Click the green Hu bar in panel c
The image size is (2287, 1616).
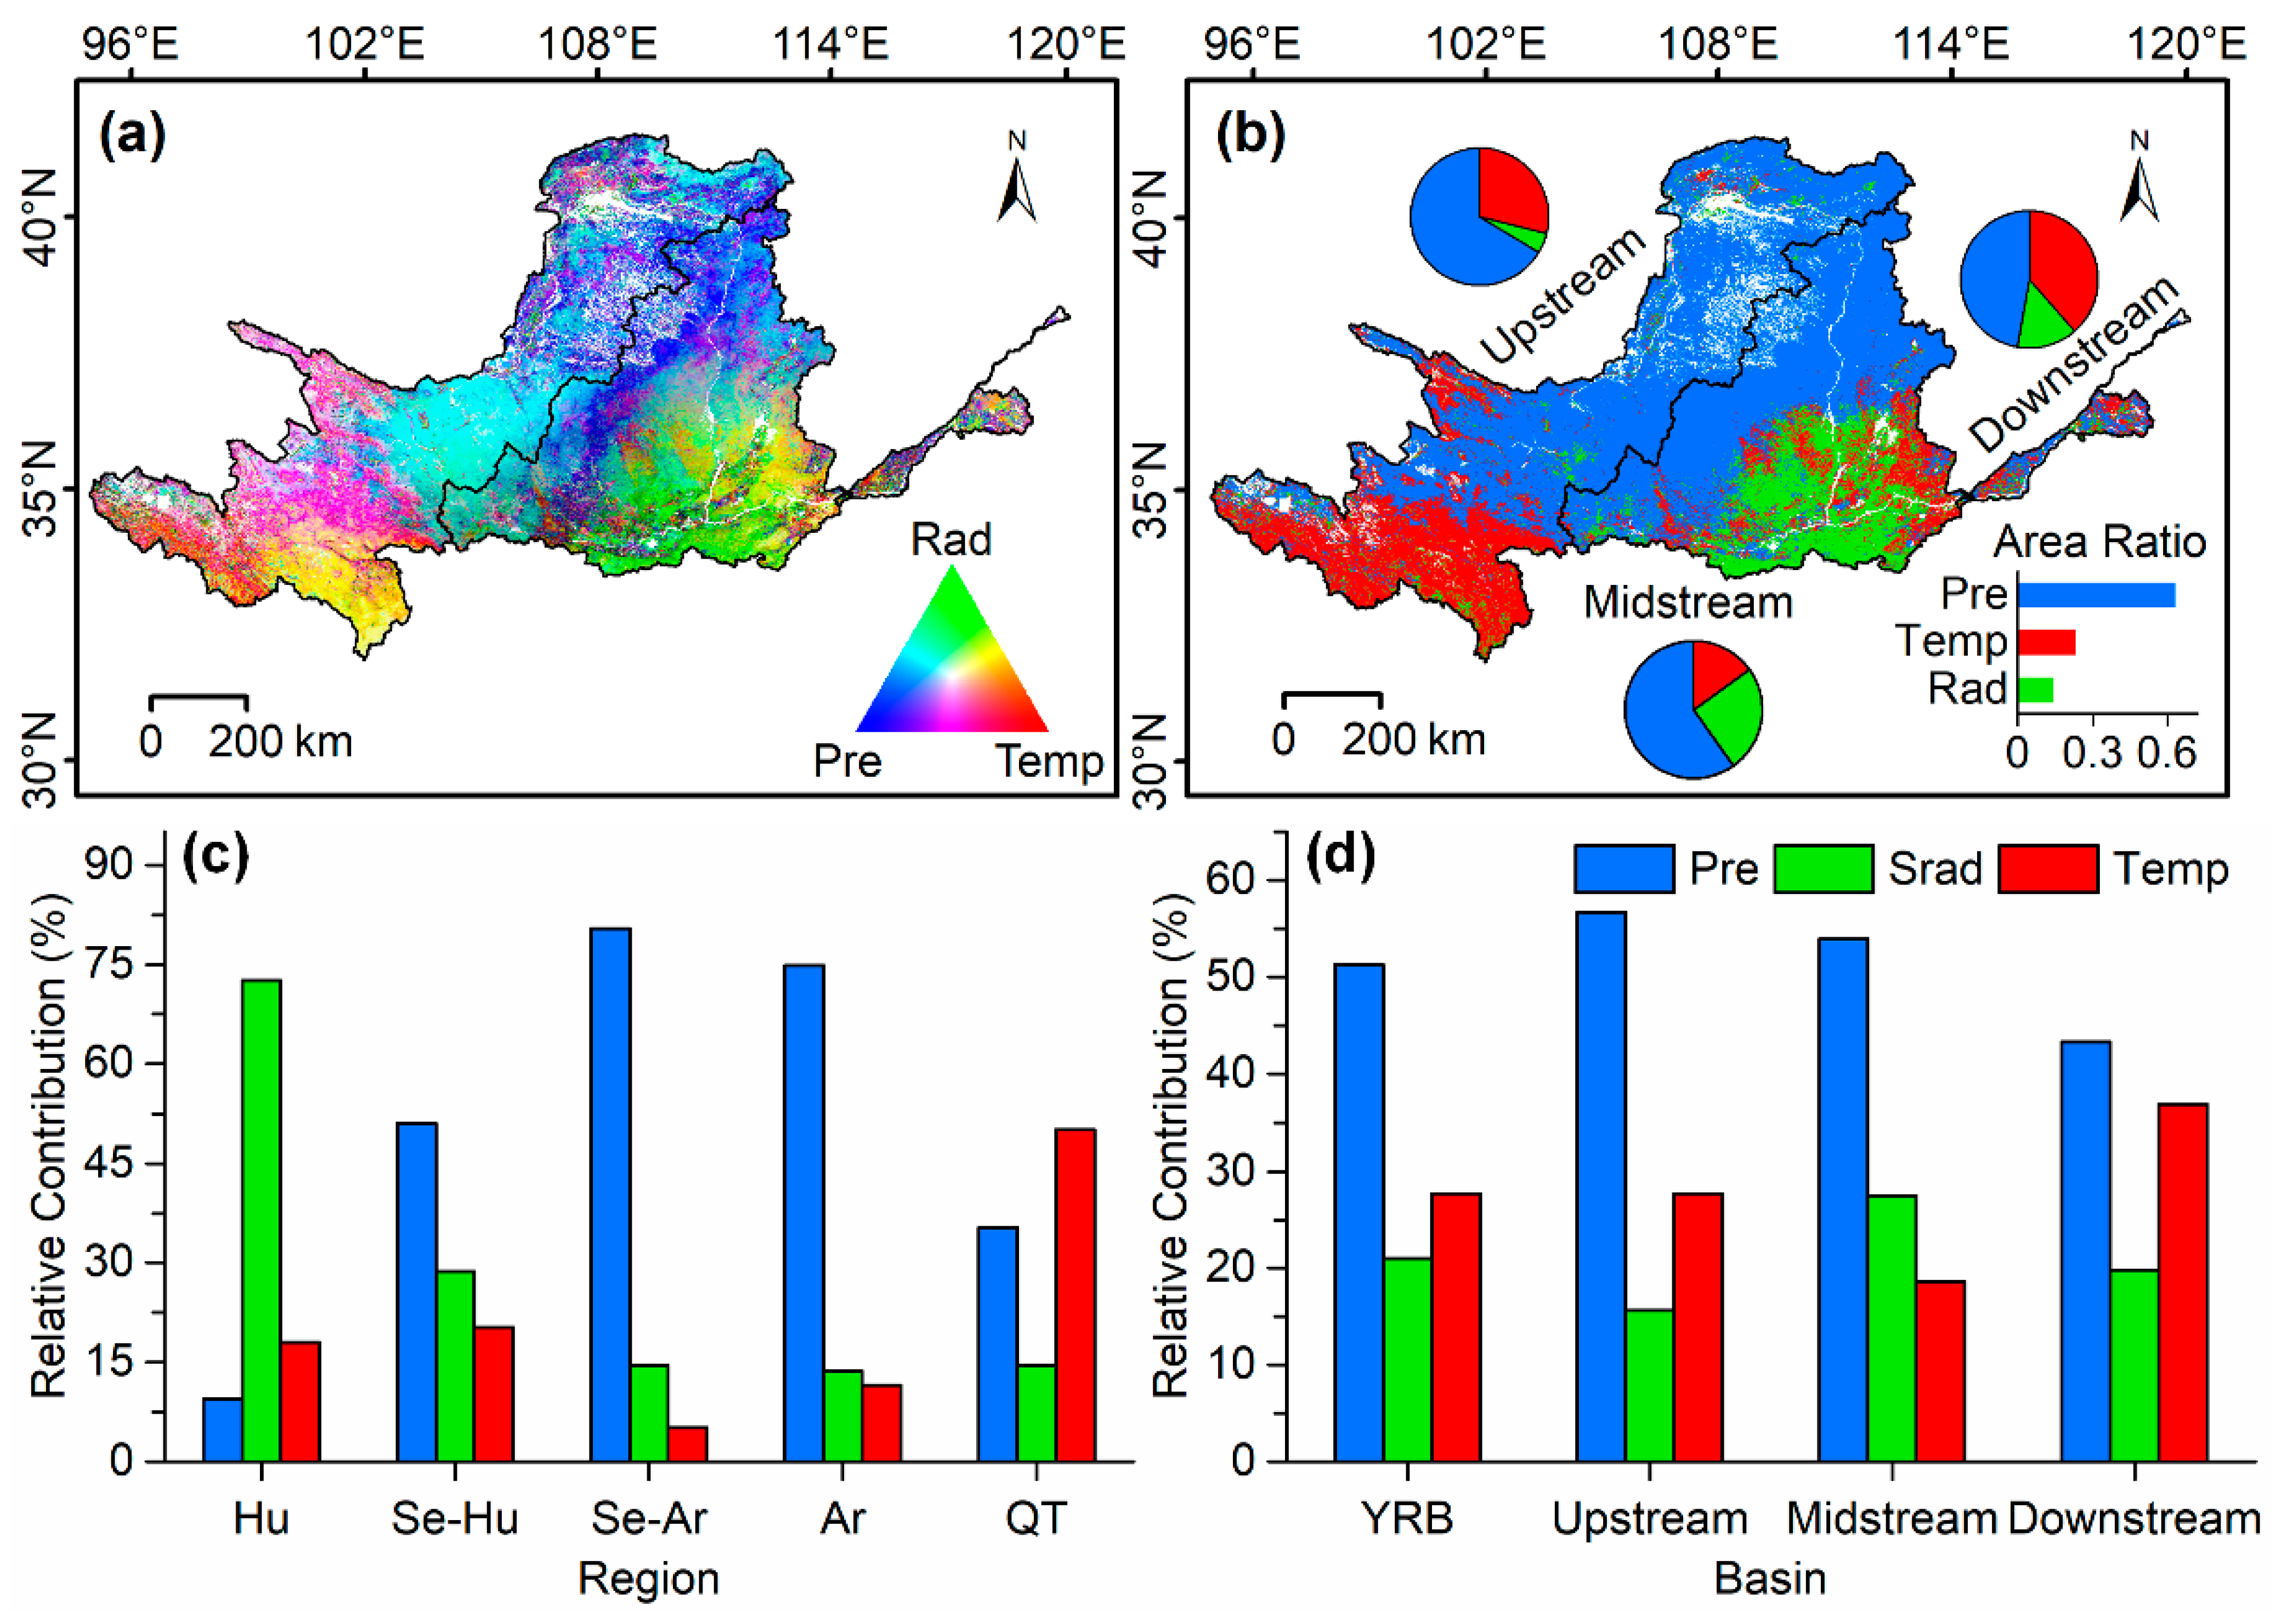tap(262, 1220)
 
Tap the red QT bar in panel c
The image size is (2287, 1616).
tap(1075, 1294)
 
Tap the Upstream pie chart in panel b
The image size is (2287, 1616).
tap(1479, 216)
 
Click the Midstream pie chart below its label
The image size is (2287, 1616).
tap(1694, 709)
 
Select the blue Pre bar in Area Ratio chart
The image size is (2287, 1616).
tap(2096, 594)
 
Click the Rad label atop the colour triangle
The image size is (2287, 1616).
tap(951, 539)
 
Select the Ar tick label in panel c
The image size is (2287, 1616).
tap(843, 1518)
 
